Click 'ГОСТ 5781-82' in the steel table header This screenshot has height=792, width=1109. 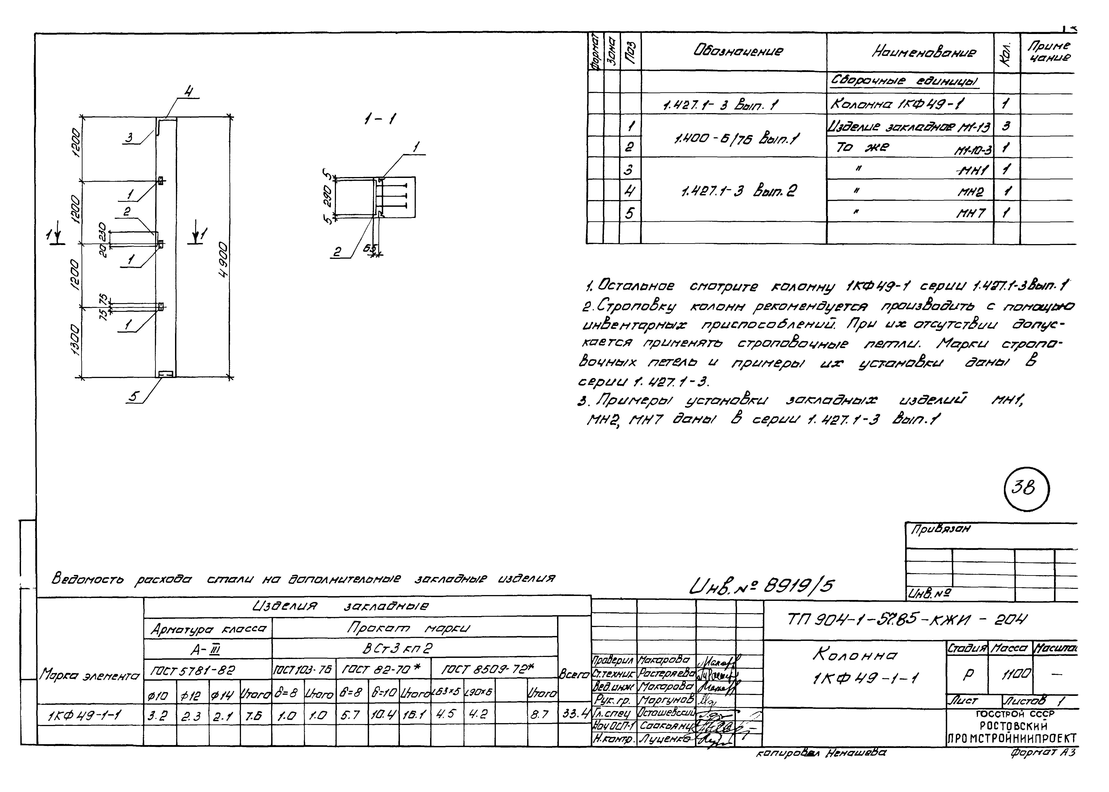pos(193,671)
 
